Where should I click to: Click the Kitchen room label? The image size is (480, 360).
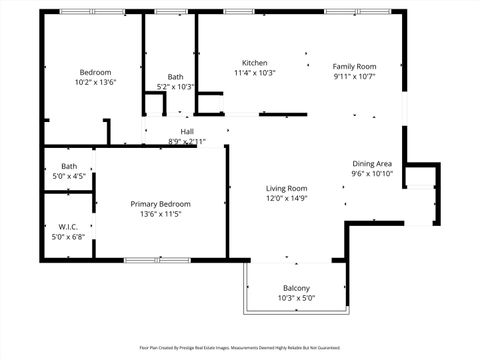click(254, 62)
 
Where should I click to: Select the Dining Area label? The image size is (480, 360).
click(371, 163)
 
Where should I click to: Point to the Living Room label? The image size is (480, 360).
click(286, 188)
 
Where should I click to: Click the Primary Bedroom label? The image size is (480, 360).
click(160, 204)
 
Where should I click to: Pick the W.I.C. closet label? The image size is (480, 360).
click(69, 227)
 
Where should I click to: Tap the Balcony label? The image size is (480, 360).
click(296, 288)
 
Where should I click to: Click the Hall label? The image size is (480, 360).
click(187, 132)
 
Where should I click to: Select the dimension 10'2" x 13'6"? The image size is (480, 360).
click(95, 83)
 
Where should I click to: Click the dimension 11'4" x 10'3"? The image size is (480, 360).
click(254, 73)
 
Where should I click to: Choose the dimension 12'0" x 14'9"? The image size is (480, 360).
click(286, 199)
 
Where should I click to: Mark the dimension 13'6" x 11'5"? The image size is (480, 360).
click(160, 215)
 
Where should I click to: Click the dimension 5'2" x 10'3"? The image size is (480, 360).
click(176, 88)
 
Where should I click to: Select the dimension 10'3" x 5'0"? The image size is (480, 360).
click(296, 299)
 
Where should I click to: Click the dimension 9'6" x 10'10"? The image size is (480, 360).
click(371, 174)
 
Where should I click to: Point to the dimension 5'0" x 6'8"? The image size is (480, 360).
click(69, 238)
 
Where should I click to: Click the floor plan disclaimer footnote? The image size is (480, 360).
click(240, 349)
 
